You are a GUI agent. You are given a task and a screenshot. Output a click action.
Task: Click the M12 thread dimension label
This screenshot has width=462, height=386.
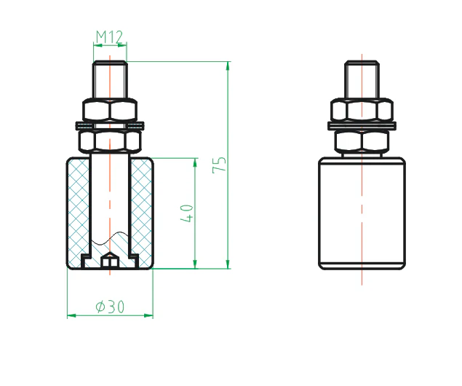[109, 36]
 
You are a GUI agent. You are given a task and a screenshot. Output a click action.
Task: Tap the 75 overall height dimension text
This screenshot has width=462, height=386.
[219, 165]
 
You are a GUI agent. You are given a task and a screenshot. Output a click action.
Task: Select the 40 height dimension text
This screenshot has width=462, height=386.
[187, 213]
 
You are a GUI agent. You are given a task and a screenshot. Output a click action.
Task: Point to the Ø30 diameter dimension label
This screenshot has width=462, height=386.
[110, 307]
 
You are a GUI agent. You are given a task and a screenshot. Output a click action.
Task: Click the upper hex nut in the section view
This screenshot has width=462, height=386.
[110, 110]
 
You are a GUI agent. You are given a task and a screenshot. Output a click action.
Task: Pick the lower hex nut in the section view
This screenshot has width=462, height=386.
[110, 141]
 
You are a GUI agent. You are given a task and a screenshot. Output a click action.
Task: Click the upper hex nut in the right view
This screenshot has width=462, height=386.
[362, 110]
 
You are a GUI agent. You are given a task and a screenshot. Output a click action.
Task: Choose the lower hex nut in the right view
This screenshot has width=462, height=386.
[362, 141]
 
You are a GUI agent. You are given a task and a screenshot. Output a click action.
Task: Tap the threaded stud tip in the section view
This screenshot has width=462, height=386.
[110, 79]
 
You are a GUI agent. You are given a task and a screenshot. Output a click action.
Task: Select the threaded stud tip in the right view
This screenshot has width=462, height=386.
[362, 79]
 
